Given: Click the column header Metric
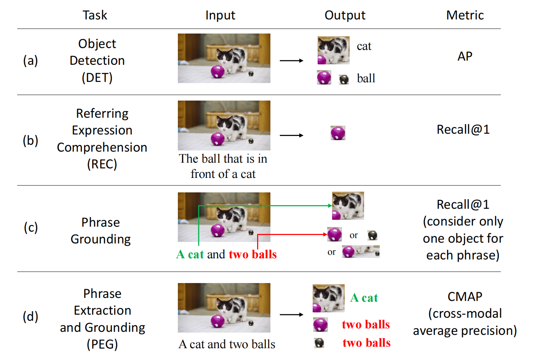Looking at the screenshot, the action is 465,15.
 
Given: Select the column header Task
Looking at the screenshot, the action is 95,15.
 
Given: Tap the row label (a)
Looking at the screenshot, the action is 30,61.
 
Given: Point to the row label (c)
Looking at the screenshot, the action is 30,227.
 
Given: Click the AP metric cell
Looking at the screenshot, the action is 465,56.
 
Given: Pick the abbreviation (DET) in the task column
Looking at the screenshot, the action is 97,78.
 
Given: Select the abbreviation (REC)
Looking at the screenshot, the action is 102,164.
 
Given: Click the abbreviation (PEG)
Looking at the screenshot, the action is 102,344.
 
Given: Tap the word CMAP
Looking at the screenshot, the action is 465,296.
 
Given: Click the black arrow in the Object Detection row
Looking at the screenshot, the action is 291,61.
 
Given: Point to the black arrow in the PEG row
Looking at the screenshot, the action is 291,315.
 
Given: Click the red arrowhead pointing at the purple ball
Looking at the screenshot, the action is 325,234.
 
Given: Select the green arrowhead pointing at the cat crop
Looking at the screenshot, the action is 330,206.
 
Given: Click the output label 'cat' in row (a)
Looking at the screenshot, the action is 364,46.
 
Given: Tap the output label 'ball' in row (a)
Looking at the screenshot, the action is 366,78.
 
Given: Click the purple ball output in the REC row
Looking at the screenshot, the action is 338,133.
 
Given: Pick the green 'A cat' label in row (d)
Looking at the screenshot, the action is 364,298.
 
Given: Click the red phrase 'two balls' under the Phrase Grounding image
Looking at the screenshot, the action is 253,254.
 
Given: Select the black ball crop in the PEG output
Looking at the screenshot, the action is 319,343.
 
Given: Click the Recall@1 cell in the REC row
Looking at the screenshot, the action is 463,130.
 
